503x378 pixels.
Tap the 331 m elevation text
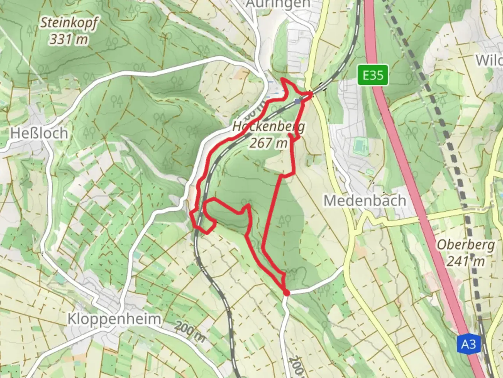coord(68,39)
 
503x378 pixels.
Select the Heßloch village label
coord(39,133)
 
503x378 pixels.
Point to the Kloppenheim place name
coord(114,319)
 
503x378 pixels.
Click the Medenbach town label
coord(365,201)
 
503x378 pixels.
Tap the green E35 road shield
coord(373,75)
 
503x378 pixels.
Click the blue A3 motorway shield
coord(468,344)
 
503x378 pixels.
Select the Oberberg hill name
coord(466,245)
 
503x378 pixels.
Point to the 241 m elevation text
coord(466,261)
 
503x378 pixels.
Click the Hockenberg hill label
coord(268,127)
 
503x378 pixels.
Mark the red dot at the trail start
coord(286,293)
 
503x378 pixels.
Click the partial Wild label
coord(489,60)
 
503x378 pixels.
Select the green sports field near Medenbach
coord(360,146)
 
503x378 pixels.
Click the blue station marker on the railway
coord(297,101)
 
